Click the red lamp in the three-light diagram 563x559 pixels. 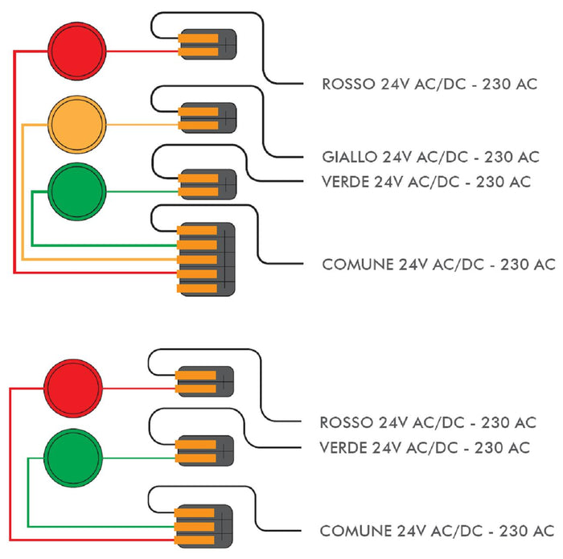pyautogui.click(x=76, y=50)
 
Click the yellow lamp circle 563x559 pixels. pyautogui.click(x=76, y=125)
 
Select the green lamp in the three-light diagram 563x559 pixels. pyautogui.click(x=76, y=192)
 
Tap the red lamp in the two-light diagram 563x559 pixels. pyautogui.click(x=73, y=388)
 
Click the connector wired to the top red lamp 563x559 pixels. pyautogui.click(x=207, y=44)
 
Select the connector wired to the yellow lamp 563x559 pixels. pyautogui.click(x=207, y=118)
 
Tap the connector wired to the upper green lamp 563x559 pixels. pyautogui.click(x=207, y=185)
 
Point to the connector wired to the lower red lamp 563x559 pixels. pyautogui.click(x=205, y=381)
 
